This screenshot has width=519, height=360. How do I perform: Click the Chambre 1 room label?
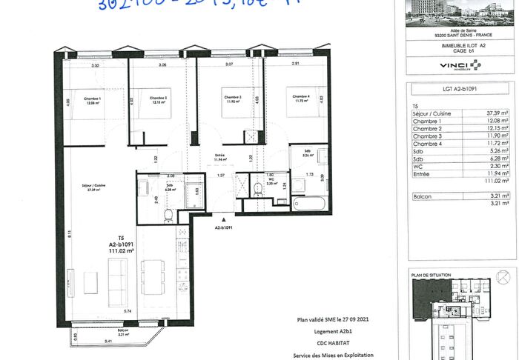pos(93,100)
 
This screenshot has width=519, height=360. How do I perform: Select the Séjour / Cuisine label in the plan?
pos(92,187)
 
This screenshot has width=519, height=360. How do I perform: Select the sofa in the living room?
pos(118,281)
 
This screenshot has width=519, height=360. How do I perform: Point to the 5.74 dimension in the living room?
pos(127,311)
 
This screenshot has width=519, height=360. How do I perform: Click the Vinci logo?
pos(460,64)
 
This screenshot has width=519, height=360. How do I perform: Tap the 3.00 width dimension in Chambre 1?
pos(95,66)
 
